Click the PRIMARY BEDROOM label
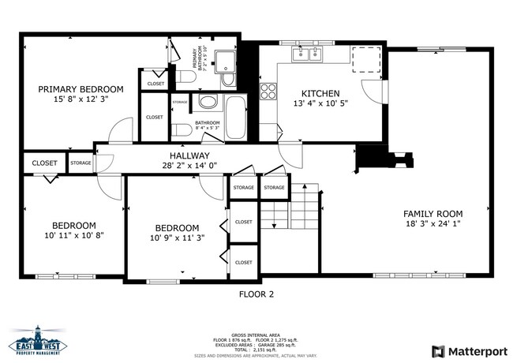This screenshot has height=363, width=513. tap(81, 89)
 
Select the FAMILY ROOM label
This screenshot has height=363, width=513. tap(432, 213)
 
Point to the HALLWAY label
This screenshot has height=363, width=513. tap(189, 155)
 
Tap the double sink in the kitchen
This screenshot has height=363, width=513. tap(307, 54)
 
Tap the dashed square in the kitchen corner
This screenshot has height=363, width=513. tap(365, 59)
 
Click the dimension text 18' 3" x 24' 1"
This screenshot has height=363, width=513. tap(432, 223)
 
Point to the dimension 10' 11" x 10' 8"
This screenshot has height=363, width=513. tap(74, 234)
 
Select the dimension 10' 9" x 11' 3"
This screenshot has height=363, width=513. tap(178, 238)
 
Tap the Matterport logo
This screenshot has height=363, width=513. tap(466, 350)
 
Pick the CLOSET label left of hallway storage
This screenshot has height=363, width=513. tap(44, 163)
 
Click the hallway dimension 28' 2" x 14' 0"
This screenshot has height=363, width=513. tap(189, 166)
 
